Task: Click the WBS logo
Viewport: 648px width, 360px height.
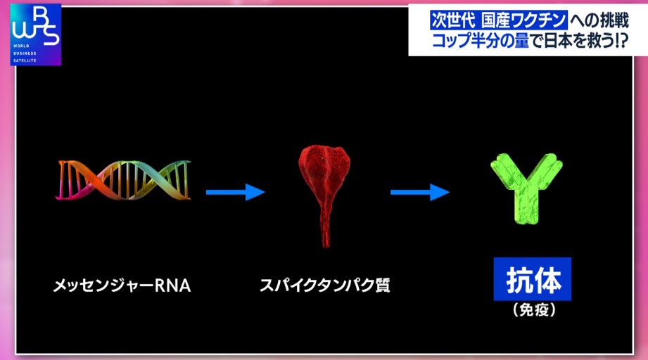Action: [36, 34]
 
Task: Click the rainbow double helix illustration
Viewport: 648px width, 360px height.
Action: [123, 181]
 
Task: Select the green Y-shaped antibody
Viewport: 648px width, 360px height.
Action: [527, 188]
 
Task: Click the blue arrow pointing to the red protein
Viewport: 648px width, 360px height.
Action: [235, 192]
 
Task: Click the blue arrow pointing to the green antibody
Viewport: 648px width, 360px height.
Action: [420, 192]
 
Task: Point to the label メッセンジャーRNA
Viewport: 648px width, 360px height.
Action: [122, 285]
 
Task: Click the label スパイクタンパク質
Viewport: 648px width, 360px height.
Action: [325, 285]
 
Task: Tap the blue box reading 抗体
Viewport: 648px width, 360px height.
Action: [533, 279]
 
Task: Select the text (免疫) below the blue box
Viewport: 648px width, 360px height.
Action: [534, 310]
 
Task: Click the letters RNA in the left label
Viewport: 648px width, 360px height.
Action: [173, 285]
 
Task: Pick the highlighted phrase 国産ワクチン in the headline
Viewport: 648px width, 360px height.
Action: [523, 20]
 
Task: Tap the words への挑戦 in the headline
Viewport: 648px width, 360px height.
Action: [599, 20]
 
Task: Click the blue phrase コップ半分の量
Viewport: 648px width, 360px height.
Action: [481, 41]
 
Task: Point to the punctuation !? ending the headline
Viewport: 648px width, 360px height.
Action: [621, 41]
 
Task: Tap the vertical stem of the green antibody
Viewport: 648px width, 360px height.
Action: [526, 207]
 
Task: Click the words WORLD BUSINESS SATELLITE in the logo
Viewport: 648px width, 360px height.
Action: [25, 53]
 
